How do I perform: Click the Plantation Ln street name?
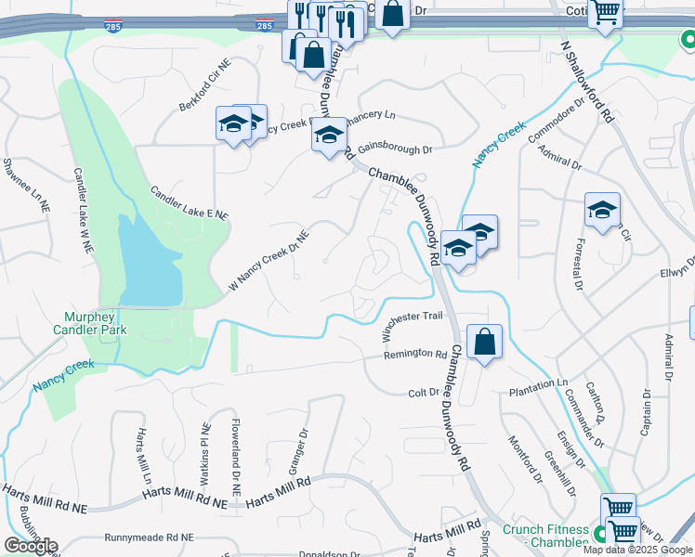pyautogui.click(x=537, y=383)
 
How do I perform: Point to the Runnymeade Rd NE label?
pyautogui.click(x=149, y=538)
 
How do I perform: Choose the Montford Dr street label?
pyautogui.click(x=523, y=461)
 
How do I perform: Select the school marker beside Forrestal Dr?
pyautogui.click(x=602, y=210)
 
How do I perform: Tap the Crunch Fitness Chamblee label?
pyautogui.click(x=546, y=536)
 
